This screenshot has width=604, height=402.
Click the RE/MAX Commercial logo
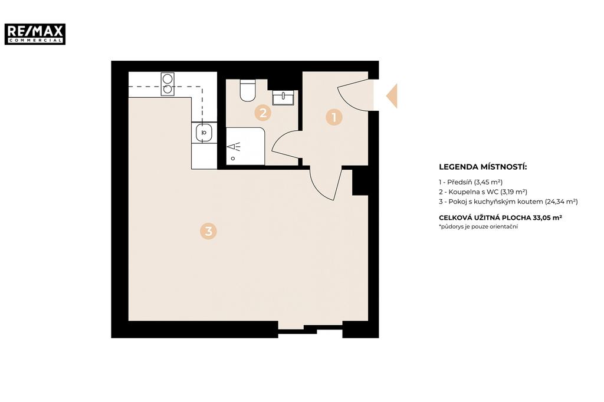[x=35, y=34]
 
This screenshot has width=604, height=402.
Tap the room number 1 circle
[x=334, y=117]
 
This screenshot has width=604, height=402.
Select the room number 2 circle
[x=262, y=113]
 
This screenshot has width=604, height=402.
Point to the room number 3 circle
[x=208, y=231]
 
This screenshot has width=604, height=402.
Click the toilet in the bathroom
[x=248, y=91]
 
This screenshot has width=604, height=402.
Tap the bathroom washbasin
[x=283, y=98]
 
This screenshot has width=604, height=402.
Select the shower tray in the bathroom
[x=245, y=146]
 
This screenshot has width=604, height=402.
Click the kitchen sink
[x=204, y=133]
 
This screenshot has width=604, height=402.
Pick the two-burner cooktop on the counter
[x=168, y=84]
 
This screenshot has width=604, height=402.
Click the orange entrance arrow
[x=393, y=96]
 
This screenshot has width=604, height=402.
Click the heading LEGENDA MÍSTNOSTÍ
[x=482, y=167]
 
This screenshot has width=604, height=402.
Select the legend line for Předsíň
[x=470, y=182]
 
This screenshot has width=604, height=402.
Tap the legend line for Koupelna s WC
[x=482, y=192]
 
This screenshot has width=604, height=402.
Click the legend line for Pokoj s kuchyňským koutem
[x=508, y=202]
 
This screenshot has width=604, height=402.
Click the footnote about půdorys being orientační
[x=478, y=227]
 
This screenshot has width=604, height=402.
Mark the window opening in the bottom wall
[x=310, y=329]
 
